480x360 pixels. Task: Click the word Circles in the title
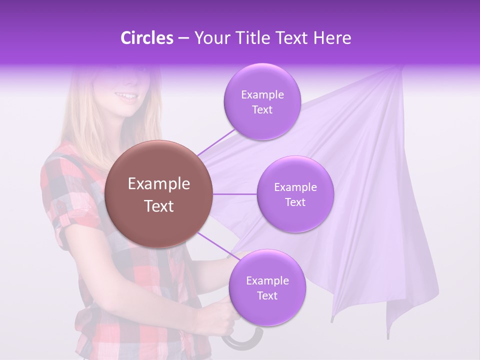coord(146,38)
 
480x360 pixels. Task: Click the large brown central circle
coord(158,194)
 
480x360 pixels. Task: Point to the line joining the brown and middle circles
coord(235,194)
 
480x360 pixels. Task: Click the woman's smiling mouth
coord(127,96)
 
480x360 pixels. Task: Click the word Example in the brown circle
coord(158,184)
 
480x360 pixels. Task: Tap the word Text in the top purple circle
coord(262,110)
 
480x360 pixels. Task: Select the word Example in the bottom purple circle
coord(267,280)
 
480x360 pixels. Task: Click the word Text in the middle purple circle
coord(295,202)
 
